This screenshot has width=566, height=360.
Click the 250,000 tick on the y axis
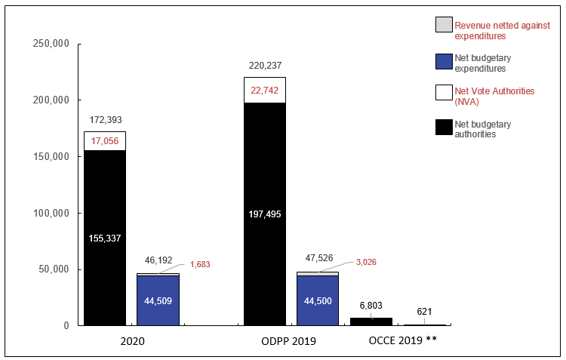click(51, 44)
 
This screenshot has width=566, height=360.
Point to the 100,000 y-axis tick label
click(51, 213)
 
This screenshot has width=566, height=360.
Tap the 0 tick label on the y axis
click(66, 326)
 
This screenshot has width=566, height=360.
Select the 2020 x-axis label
click(132, 341)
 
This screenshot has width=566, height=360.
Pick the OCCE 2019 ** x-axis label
click(403, 341)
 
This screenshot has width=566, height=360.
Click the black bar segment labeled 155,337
click(104, 238)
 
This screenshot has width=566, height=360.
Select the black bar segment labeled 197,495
click(264, 214)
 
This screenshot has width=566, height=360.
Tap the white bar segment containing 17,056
click(104, 141)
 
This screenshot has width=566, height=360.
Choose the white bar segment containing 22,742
click(264, 90)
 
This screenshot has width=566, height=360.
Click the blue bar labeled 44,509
click(158, 300)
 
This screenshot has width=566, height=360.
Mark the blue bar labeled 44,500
click(318, 300)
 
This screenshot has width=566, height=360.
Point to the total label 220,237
click(264, 66)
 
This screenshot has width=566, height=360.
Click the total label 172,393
click(104, 120)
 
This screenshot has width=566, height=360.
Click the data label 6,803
click(371, 306)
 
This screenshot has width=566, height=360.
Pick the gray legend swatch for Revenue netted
click(443, 25)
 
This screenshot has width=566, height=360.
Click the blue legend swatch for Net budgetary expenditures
click(443, 63)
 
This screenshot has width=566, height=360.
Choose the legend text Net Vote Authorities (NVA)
click(494, 96)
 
